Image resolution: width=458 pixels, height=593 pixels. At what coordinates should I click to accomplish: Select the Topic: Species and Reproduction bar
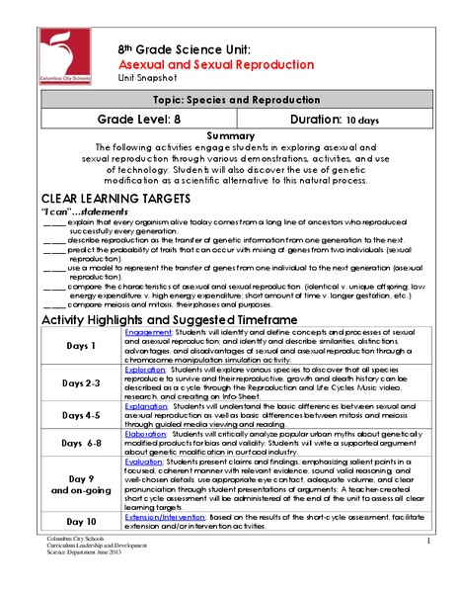[x=229, y=100]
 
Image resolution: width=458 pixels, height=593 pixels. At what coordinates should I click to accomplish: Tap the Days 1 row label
[x=81, y=347]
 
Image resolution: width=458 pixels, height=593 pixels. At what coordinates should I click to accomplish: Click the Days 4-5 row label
[x=81, y=416]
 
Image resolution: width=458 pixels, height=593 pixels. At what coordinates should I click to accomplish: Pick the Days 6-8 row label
[x=81, y=444]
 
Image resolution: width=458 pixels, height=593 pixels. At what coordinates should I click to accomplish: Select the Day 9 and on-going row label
[x=81, y=487]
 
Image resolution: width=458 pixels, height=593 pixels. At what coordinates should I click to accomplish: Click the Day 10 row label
[x=81, y=521]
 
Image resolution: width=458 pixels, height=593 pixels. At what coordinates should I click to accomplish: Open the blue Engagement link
[x=149, y=333]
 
